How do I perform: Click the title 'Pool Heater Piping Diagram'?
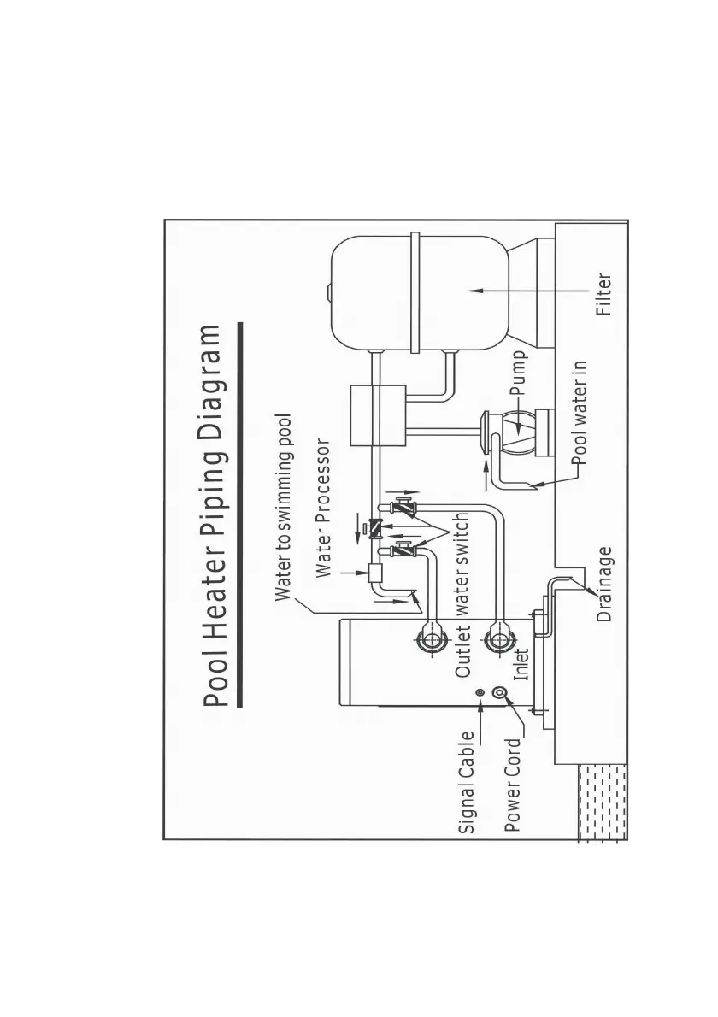[x=217, y=516]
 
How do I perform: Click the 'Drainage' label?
[x=605, y=585]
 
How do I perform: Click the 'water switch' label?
[x=462, y=565]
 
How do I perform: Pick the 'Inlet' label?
[x=521, y=663]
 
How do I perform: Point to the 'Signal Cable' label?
[x=467, y=783]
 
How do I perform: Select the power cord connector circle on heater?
[x=509, y=704]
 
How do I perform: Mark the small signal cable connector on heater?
[x=481, y=692]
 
